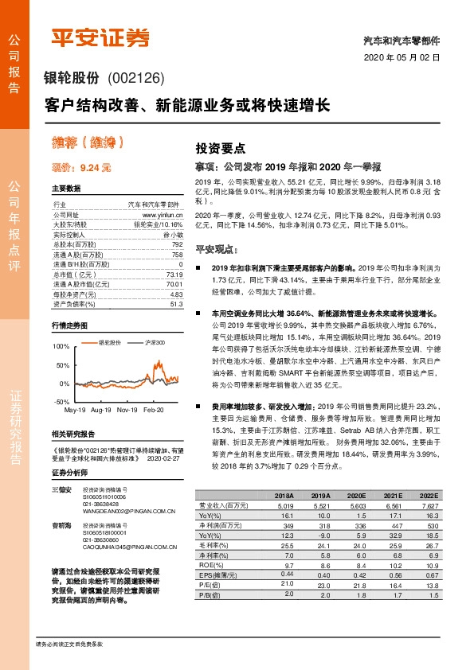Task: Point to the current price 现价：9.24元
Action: (81, 168)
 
